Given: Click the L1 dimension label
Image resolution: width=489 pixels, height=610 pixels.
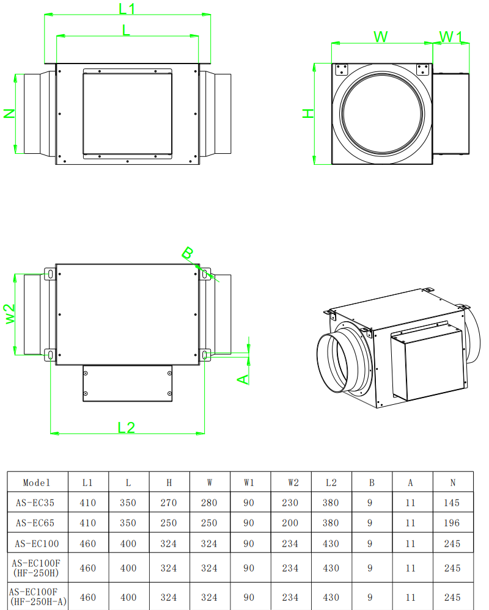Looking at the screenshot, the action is (127, 8).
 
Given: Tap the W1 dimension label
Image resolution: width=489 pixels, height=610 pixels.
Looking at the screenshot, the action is (450, 37).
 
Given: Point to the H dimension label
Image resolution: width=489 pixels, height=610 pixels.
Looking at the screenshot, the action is (308, 114).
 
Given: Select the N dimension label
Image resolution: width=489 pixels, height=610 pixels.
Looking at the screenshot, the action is (9, 114).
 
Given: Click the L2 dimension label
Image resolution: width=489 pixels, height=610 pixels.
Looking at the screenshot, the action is (126, 427).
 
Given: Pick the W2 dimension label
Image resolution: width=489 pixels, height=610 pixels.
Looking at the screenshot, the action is (10, 314).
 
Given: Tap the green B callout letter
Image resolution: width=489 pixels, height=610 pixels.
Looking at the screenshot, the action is (187, 253).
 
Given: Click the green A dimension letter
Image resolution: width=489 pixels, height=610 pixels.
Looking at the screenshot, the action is (243, 379).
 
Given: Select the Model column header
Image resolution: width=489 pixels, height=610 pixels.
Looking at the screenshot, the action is (37, 483).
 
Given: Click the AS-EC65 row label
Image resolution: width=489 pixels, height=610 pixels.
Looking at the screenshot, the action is (35, 523).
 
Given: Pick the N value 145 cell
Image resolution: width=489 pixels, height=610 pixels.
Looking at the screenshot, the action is (452, 503).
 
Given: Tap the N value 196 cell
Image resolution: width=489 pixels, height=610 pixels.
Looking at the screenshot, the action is (452, 523).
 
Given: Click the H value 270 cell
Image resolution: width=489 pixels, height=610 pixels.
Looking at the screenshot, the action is (169, 503).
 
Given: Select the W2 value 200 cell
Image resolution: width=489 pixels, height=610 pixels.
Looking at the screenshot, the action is (290, 523).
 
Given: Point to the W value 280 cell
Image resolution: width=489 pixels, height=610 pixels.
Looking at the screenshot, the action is (209, 503).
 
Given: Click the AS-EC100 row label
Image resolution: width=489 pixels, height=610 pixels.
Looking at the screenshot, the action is (37, 543).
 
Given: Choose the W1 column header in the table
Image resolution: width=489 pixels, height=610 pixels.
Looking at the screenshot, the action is (249, 483).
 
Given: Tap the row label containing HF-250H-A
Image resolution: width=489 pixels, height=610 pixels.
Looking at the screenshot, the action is (38, 597).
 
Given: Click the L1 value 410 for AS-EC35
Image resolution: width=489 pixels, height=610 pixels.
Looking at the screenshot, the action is (87, 503).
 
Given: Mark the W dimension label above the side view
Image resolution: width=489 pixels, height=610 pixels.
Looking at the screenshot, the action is (380, 37).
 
